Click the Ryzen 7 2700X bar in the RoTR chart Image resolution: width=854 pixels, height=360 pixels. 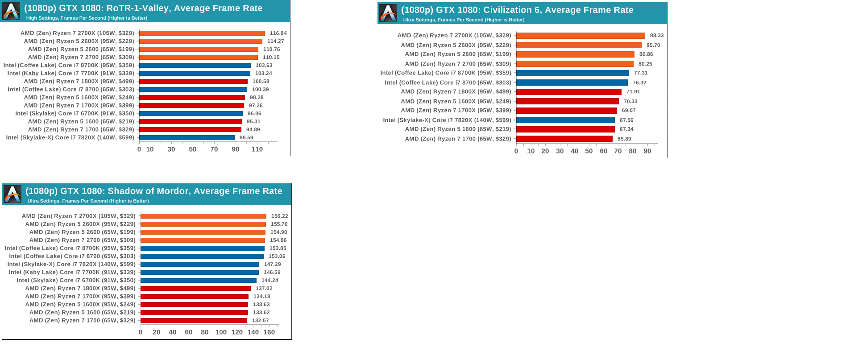[x=202, y=33]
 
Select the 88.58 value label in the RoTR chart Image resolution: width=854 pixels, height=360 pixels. [x=246, y=137]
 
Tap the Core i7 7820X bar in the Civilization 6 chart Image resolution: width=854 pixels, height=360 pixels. [x=565, y=120]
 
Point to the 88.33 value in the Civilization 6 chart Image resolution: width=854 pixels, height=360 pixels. [x=657, y=35]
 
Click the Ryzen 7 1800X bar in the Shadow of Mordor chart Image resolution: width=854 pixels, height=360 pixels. [x=195, y=288]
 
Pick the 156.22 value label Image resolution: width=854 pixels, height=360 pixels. [x=280, y=216]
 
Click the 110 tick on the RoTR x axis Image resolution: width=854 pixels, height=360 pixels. [x=257, y=149]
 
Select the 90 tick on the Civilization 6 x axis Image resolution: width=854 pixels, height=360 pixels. [x=647, y=151]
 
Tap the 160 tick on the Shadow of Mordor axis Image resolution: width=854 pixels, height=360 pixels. [x=269, y=332]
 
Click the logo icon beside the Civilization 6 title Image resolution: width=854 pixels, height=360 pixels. [x=388, y=13]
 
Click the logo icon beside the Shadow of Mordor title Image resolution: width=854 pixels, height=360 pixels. [x=12, y=194]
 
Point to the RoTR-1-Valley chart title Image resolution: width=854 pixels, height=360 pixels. [x=143, y=8]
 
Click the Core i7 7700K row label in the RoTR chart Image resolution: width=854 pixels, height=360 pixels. [x=70, y=73]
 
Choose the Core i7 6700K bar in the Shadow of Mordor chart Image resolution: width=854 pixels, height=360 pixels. [x=199, y=280]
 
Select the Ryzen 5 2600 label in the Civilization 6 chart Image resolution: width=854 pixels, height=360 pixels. [x=458, y=54]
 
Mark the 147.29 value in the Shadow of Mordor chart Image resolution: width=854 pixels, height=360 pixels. [x=273, y=264]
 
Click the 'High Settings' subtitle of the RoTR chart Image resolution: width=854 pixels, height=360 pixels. [x=87, y=18]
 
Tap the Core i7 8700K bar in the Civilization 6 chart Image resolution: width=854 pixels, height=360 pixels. [x=572, y=73]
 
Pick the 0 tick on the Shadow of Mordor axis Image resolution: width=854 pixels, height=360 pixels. [x=141, y=332]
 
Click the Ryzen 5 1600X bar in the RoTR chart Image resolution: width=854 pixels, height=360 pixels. [x=192, y=97]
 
